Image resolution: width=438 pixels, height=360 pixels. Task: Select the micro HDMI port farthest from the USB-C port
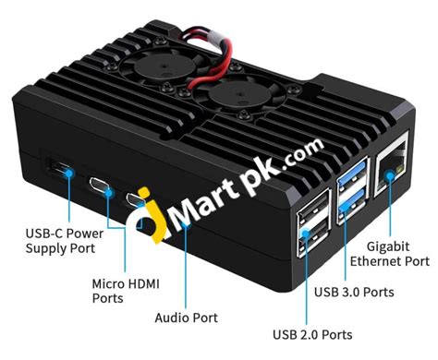(136, 198)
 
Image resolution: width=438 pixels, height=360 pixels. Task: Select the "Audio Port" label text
(185, 318)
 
